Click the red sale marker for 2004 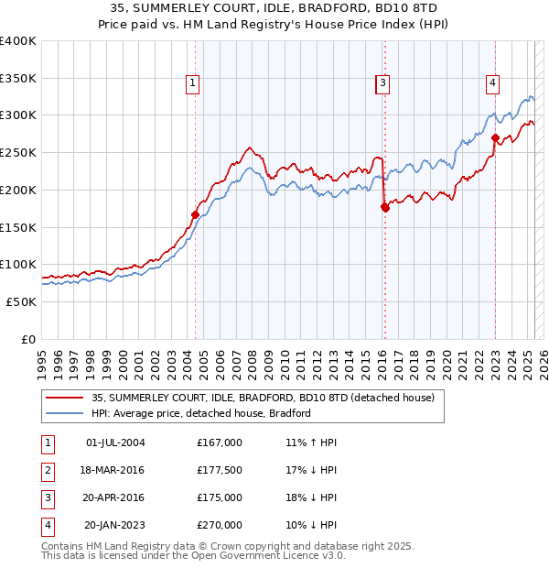click(x=195, y=214)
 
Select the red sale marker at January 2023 click(x=495, y=138)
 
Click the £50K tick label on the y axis click(x=22, y=301)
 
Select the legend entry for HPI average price click(x=201, y=413)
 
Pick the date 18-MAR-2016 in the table click(x=114, y=470)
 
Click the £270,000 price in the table click(x=220, y=525)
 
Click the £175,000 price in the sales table click(x=220, y=497)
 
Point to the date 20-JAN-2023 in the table click(x=114, y=525)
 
